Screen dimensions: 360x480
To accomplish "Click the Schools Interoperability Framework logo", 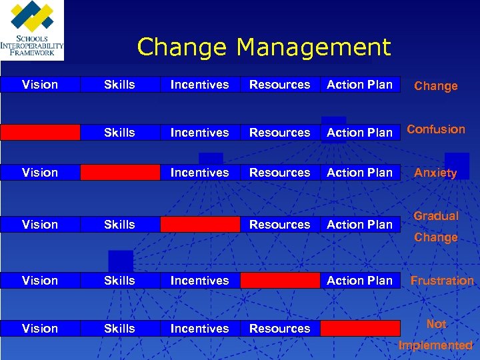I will coord(32,30).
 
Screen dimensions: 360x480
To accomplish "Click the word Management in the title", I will coord(313,47).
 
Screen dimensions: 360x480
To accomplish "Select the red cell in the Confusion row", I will coord(40,132).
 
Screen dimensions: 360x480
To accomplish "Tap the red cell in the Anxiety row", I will coord(120,173).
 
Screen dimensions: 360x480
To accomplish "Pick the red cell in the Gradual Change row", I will coord(200,225).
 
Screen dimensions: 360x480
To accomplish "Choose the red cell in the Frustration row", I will coord(280,281).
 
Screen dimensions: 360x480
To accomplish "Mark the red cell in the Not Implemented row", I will coord(360,328).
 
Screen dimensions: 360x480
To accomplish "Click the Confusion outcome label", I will coord(436,129).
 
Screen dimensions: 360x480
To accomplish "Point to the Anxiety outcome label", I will coord(435,173).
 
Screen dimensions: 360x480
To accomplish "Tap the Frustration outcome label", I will coord(442,281).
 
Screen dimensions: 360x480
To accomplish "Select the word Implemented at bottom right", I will coord(435,345).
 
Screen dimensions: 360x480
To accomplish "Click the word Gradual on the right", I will coord(436,216).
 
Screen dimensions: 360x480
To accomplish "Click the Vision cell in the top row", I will coord(40,85).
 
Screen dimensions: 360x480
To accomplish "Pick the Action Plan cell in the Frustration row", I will coord(360,281).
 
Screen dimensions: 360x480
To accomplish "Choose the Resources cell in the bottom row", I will coord(280,328).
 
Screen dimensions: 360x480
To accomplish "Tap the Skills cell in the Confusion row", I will coord(120,132).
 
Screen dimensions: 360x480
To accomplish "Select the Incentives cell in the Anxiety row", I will coord(200,173).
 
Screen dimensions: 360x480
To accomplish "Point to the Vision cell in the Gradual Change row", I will coord(40,225).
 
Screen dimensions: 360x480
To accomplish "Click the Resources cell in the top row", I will coord(280,85).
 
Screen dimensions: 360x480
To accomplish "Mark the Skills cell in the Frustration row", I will coord(120,281).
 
